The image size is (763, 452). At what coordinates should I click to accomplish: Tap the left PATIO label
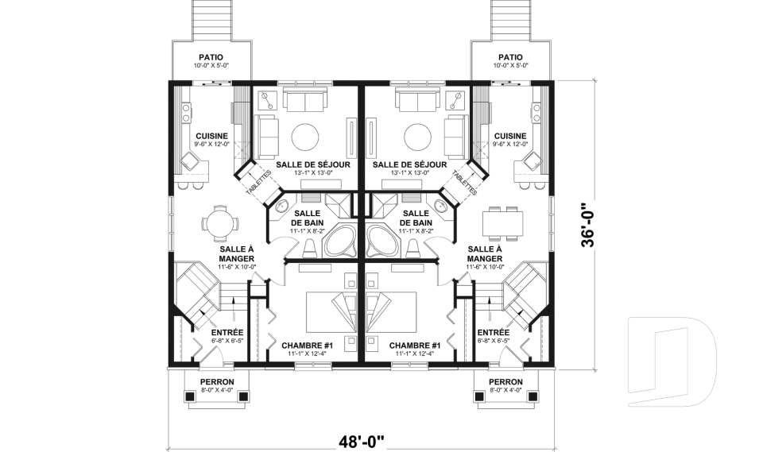click(211, 57)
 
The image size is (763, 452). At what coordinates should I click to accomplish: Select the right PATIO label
click(510, 57)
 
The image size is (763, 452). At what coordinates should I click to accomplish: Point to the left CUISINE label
click(211, 136)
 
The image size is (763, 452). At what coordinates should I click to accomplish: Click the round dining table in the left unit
click(220, 224)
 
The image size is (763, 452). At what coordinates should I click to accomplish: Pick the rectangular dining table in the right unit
click(503, 223)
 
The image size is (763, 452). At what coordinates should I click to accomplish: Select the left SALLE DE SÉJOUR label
click(313, 165)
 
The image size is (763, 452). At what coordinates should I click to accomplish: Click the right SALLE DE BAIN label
click(416, 218)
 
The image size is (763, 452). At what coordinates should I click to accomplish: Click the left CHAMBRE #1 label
click(307, 346)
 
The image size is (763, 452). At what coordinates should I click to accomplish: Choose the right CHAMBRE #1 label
click(415, 346)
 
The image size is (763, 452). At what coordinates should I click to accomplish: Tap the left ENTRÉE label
click(227, 333)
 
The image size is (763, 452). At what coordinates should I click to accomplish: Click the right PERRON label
click(506, 382)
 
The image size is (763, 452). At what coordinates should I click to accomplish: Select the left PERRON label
click(217, 382)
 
